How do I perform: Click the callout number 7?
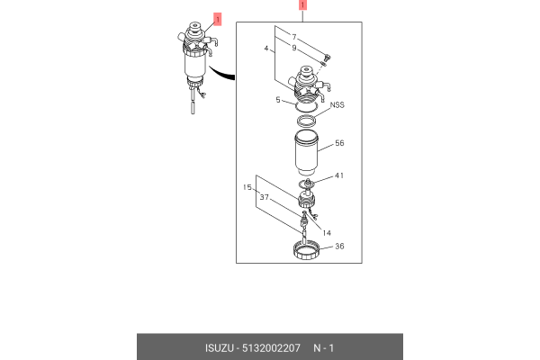point(294,37)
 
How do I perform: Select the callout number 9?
point(294,48)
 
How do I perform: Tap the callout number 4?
point(266,49)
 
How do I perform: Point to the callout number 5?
point(278,100)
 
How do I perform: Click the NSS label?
point(337,104)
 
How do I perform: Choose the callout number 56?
point(339,143)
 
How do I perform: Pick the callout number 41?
point(339,175)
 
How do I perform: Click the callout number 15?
point(247,187)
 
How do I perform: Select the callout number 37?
point(264,197)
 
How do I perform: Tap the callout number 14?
point(327,233)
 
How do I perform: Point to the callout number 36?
point(339,247)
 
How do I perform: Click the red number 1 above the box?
point(302,5)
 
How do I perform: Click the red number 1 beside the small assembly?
point(217,19)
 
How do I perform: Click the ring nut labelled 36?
point(307,250)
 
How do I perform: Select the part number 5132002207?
point(271,348)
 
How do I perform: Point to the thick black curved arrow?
point(220,74)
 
